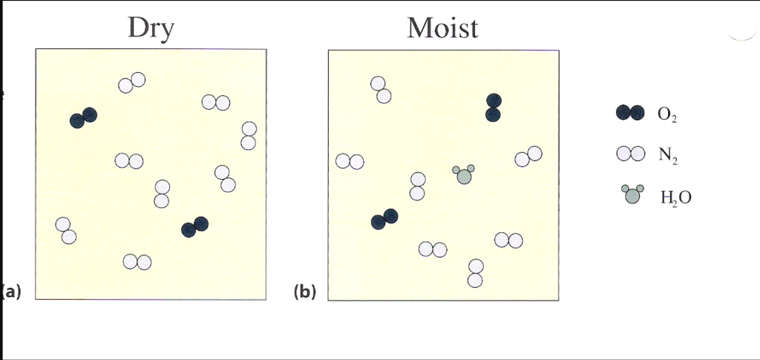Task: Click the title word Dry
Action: tap(151, 27)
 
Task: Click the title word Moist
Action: tap(442, 27)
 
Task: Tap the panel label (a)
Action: tap(11, 291)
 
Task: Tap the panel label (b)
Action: tap(304, 292)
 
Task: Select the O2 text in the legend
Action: tap(666, 115)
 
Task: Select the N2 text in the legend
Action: tap(666, 155)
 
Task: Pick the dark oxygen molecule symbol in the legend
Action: tap(629, 113)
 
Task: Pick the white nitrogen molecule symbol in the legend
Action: tap(629, 154)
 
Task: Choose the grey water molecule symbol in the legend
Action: tap(632, 194)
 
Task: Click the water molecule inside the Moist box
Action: tap(464, 175)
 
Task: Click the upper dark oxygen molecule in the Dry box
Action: tap(83, 117)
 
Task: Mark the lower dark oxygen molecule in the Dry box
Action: tap(194, 227)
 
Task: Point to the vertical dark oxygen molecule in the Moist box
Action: tap(494, 107)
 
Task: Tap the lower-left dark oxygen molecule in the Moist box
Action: tap(384, 219)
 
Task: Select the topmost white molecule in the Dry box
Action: tap(131, 83)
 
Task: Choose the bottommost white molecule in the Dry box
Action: tap(137, 261)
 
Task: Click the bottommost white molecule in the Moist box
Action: tap(476, 273)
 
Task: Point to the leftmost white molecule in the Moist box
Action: tap(350, 161)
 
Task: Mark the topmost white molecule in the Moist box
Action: tap(381, 90)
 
